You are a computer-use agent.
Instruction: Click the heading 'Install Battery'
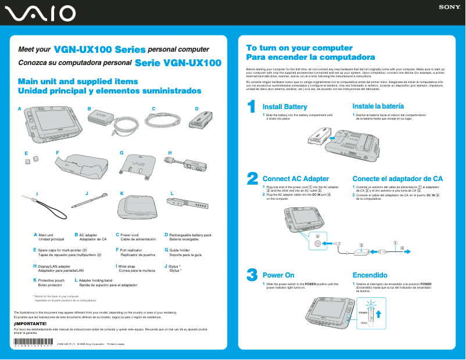click(285, 107)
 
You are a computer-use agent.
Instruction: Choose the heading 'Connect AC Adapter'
click(296, 179)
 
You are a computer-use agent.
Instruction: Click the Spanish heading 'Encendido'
click(370, 275)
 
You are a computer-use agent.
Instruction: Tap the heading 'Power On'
click(278, 275)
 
